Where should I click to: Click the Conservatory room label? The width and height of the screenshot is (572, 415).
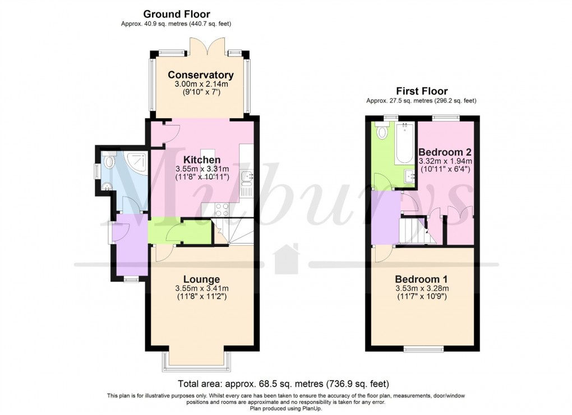click(x=200, y=75)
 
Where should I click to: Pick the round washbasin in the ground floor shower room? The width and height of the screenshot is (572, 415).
click(x=107, y=188)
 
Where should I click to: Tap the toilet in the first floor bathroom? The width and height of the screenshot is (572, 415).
click(x=383, y=132)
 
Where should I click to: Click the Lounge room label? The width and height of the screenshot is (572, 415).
click(x=201, y=279)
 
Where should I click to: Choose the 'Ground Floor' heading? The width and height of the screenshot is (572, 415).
click(x=177, y=14)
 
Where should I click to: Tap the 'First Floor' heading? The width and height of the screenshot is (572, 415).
click(x=422, y=91)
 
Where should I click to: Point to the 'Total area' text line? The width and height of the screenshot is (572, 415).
click(x=283, y=384)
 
